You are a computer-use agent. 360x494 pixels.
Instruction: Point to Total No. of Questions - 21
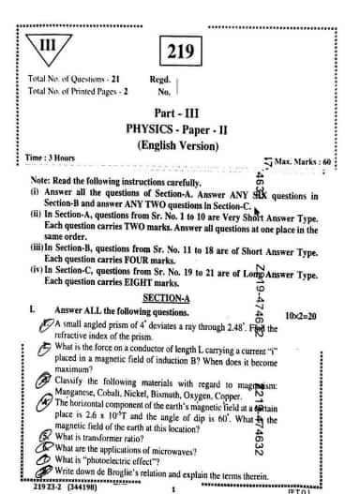click(x=72, y=81)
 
